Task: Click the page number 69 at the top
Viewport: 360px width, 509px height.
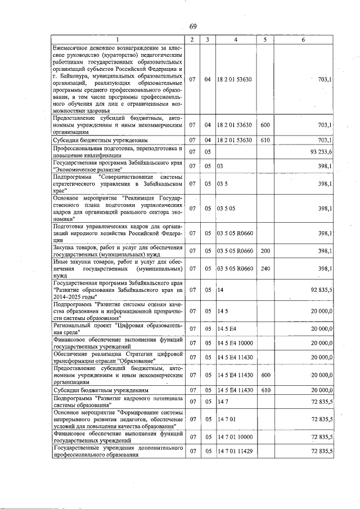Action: [192, 26]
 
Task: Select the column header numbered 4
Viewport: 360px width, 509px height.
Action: [235, 39]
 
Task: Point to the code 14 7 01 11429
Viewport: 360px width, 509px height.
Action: [235, 451]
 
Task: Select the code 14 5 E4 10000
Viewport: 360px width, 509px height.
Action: [235, 343]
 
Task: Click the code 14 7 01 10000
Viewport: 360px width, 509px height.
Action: [235, 436]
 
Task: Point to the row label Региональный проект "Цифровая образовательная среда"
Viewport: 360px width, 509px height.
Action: [118, 328]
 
